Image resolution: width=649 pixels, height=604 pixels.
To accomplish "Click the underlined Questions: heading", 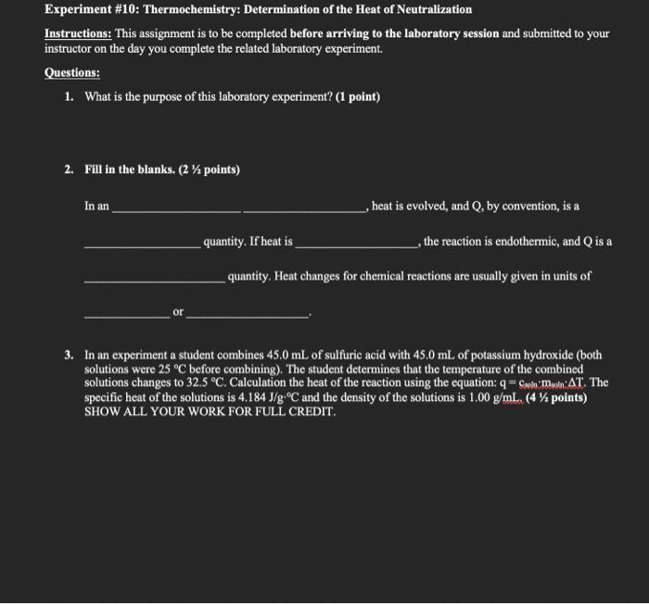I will coord(72,72).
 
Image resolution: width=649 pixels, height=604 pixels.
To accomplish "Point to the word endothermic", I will coord(524,242).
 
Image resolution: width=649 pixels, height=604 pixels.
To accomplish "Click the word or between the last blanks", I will coord(178,312).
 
